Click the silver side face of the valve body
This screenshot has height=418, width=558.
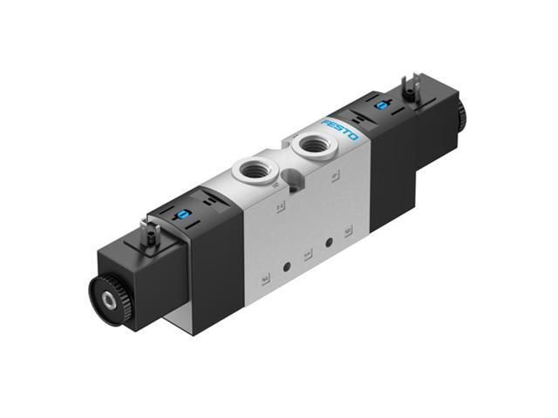305,235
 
